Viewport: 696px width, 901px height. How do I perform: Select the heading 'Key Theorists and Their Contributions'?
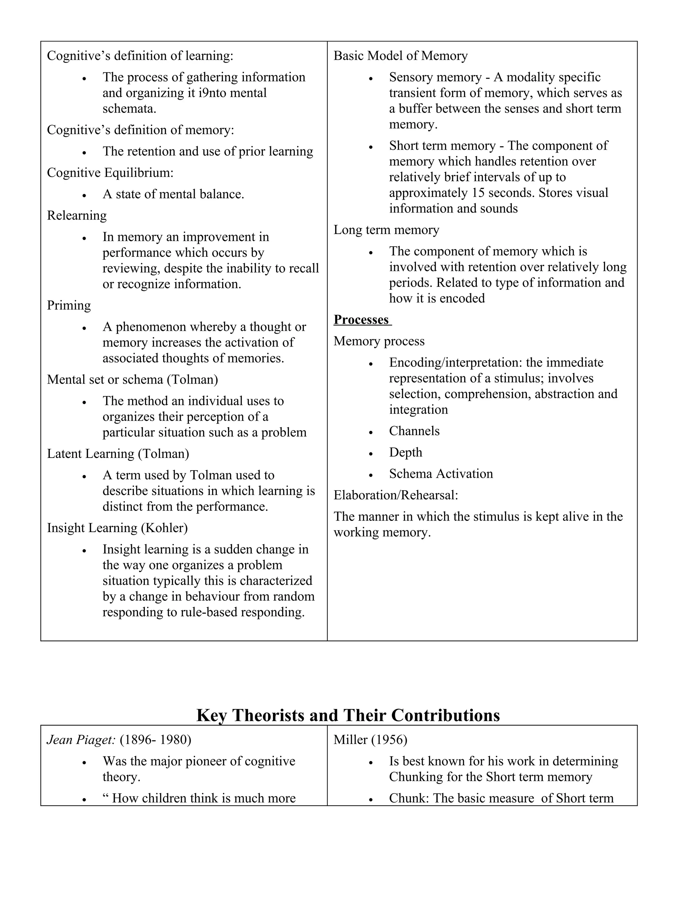[348, 715]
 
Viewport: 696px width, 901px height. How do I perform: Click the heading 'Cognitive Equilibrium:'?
[110, 172]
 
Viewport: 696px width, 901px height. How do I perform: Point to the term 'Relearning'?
[77, 215]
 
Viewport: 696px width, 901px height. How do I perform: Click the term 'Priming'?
[69, 305]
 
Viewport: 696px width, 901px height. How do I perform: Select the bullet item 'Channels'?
[414, 431]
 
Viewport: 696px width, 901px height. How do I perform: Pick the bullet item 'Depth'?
[405, 453]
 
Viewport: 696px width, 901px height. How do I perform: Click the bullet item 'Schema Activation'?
[441, 474]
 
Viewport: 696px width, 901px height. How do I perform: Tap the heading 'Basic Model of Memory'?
[400, 56]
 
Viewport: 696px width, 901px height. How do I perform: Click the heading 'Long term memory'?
[386, 230]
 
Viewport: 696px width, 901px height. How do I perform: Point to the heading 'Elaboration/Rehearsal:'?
[396, 495]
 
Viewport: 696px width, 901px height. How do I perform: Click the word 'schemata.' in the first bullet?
[129, 108]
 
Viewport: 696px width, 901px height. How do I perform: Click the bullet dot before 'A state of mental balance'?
[84, 195]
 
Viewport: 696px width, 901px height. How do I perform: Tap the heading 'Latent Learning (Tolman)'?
[118, 454]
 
